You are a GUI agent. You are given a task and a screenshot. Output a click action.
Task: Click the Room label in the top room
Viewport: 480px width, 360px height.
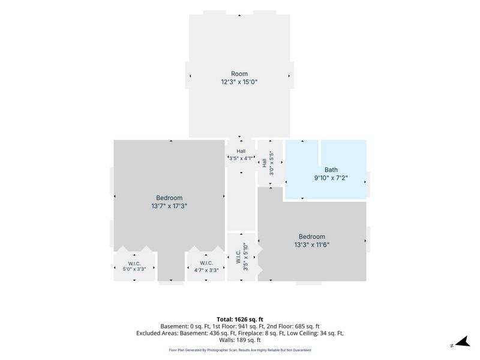(x=239, y=74)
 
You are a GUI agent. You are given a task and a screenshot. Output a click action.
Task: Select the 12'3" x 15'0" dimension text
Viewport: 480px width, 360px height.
(x=239, y=82)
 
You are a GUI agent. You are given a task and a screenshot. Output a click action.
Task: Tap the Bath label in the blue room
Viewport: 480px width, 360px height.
(x=331, y=170)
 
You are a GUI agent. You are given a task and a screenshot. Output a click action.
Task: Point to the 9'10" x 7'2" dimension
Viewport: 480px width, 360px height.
(x=331, y=178)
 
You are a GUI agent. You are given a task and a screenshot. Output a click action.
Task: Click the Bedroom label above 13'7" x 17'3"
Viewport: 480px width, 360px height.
(x=169, y=198)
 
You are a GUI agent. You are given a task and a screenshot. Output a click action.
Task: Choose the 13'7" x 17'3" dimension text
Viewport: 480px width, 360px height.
(x=169, y=206)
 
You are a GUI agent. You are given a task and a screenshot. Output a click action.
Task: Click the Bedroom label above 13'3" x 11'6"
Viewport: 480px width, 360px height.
(x=312, y=236)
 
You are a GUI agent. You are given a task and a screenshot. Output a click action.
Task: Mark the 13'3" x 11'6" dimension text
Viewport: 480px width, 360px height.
(x=312, y=245)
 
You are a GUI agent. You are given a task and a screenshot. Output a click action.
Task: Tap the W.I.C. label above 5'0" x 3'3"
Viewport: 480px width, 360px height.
(x=134, y=263)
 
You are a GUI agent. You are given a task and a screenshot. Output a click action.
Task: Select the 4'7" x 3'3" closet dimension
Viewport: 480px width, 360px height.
(x=206, y=271)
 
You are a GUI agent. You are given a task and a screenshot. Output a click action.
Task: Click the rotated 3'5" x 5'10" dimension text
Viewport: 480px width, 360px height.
(x=245, y=257)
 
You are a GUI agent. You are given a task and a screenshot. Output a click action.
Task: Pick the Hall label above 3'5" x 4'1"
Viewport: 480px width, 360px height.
(x=241, y=151)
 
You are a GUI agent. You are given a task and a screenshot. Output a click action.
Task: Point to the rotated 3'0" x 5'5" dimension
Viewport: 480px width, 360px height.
(x=271, y=163)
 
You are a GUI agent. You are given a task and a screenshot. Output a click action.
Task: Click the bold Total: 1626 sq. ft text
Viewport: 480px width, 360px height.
(x=240, y=319)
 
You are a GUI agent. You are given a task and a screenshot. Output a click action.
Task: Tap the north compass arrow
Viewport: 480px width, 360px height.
(x=463, y=341)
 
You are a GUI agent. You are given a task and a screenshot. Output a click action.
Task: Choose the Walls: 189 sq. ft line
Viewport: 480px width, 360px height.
(x=240, y=340)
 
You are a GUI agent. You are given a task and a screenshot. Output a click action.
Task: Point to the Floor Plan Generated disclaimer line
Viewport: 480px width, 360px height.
(x=240, y=350)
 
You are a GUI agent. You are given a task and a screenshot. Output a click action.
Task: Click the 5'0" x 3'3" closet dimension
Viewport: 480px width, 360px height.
(x=134, y=269)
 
